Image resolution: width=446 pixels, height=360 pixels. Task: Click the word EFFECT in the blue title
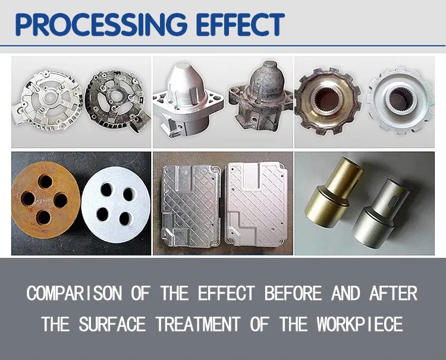236,24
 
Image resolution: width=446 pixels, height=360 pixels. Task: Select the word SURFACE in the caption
111,324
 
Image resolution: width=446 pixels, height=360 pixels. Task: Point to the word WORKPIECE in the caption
360,324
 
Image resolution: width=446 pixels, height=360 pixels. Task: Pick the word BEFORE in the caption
290,293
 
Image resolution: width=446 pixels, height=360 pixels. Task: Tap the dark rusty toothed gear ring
327,100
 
